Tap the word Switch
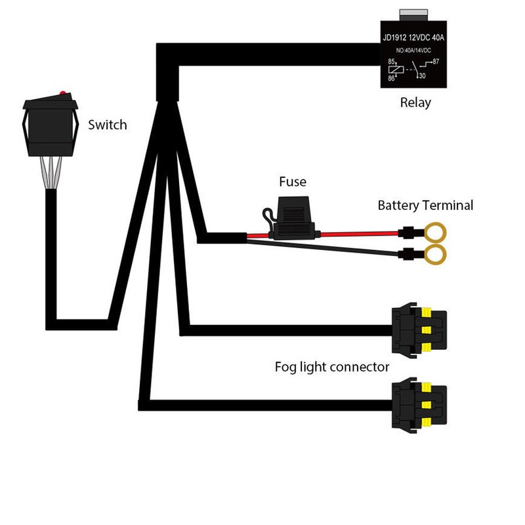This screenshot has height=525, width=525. tap(107, 125)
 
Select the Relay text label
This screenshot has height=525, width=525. tap(415, 103)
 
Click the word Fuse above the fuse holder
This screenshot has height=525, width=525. tap(292, 181)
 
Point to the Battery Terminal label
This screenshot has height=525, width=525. tap(425, 205)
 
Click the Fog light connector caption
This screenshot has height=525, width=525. tap(332, 367)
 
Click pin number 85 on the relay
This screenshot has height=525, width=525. tap(391, 62)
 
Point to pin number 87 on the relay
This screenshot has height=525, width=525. tap(436, 62)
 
